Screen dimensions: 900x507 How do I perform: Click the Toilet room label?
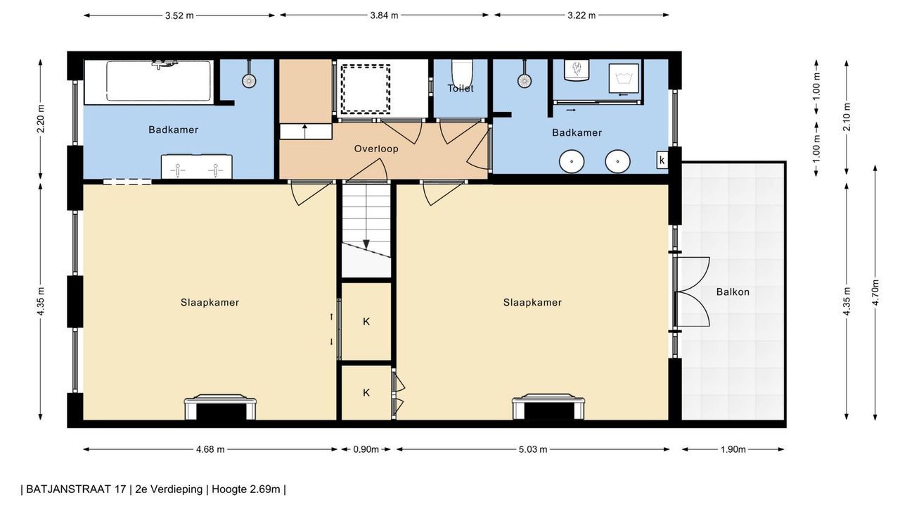(461, 88)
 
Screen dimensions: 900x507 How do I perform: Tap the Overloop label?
(376, 149)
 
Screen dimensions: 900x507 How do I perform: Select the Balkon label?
(733, 292)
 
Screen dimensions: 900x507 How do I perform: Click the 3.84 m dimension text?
(384, 15)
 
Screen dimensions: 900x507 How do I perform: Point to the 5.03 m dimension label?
(533, 449)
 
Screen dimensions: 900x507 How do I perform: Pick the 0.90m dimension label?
(366, 449)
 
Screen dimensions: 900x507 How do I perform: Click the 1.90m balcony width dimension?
(733, 449)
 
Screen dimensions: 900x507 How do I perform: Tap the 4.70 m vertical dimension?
(876, 292)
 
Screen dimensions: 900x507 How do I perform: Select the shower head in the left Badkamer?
(249, 80)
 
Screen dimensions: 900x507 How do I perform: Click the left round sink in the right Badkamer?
(572, 161)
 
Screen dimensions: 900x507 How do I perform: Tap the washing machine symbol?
(624, 78)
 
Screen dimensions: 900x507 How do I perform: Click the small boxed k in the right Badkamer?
(662, 160)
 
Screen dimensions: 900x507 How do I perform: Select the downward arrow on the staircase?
(366, 244)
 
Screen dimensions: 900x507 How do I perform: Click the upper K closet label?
(366, 322)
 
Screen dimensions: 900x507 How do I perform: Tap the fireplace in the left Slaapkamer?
(220, 407)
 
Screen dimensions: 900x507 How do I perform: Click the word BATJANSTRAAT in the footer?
(76, 489)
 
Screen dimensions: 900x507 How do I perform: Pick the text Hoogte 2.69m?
(246, 489)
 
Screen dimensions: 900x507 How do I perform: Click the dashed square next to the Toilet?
(366, 89)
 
